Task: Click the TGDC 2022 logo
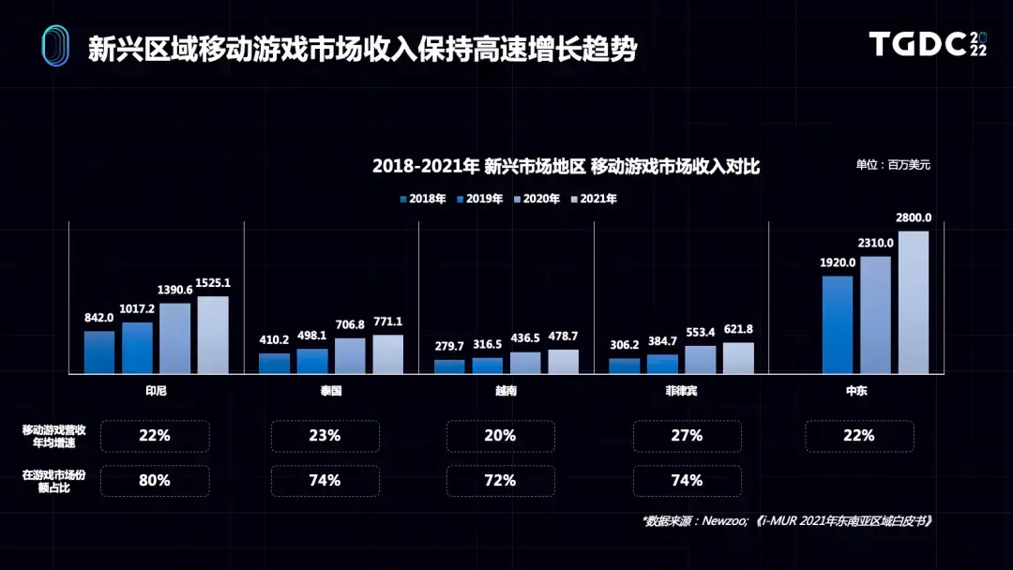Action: click(927, 44)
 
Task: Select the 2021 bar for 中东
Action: click(913, 302)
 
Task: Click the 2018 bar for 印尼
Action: click(99, 352)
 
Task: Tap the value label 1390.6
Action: click(175, 291)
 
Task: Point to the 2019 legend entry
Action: click(479, 199)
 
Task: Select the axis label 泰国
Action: click(330, 390)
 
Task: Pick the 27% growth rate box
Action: click(687, 436)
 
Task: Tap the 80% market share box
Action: click(155, 481)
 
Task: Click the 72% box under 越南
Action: click(500, 481)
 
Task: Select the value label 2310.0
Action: click(875, 243)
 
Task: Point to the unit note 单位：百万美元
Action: click(892, 165)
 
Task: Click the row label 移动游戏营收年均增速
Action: click(54, 436)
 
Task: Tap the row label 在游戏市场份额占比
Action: click(54, 481)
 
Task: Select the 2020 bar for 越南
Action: click(525, 363)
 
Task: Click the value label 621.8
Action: click(738, 329)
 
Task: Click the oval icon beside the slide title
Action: click(55, 46)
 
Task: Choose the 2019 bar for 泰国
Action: click(312, 361)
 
